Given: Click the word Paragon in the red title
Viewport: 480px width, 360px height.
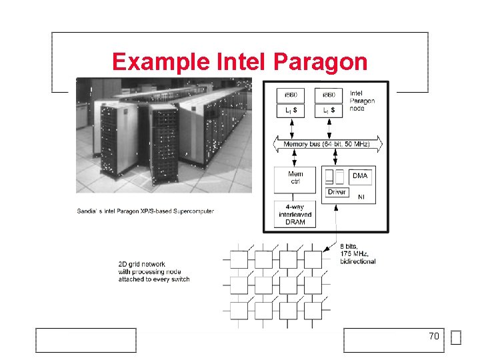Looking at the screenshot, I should click(321, 62).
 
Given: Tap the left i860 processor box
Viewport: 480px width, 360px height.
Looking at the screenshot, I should click(291, 95).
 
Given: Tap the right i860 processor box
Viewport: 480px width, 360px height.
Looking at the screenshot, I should click(329, 95).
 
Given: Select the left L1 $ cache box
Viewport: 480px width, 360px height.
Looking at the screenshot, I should click(291, 110).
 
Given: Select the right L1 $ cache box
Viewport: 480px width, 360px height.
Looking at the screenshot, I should click(329, 110).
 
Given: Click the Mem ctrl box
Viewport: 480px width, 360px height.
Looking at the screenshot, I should click(295, 178).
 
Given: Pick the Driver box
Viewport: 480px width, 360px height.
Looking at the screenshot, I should click(337, 192).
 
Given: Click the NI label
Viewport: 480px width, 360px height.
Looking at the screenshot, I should click(361, 197).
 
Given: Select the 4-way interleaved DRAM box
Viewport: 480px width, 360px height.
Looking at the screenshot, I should click(295, 214).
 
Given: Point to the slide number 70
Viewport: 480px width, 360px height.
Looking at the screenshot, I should click(434, 337).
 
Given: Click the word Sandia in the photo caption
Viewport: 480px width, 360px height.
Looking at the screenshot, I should click(87, 211).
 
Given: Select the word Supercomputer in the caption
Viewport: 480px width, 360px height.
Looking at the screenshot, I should click(193, 211).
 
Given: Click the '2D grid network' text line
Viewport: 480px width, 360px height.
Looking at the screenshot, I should click(143, 263).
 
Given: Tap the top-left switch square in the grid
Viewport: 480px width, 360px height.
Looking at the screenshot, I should click(239, 259).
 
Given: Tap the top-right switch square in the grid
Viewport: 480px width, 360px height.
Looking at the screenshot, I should click(313, 259).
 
